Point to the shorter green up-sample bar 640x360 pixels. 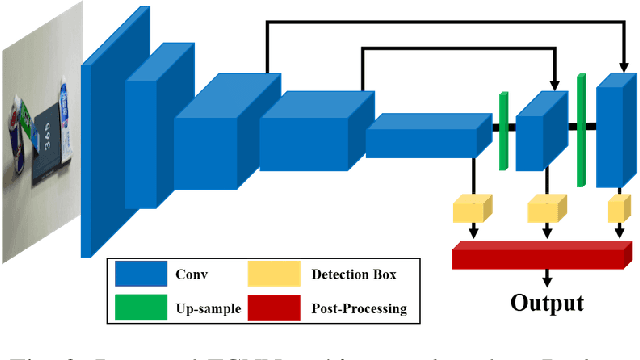[x=504, y=129]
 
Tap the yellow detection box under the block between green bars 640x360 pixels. [x=545, y=208]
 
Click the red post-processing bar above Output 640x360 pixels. [x=540, y=255]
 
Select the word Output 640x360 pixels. [x=546, y=303]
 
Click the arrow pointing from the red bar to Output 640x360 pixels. [x=546, y=279]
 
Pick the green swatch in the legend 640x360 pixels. [x=140, y=307]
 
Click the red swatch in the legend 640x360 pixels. [x=274, y=307]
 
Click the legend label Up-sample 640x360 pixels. [x=206, y=308]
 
